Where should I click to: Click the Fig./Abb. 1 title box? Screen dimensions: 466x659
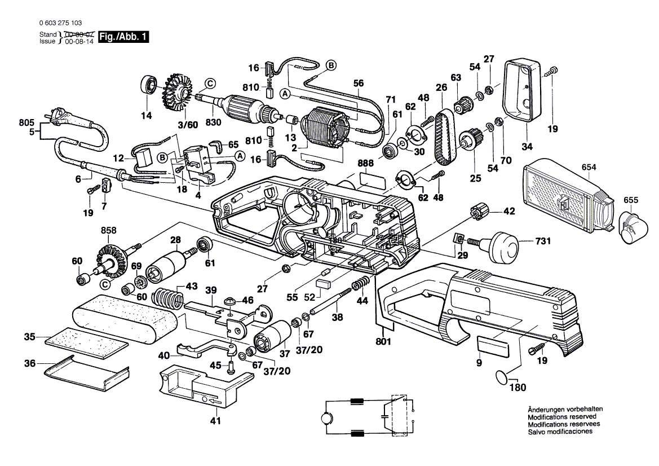pos(123,37)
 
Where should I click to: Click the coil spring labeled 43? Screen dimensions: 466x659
pos(169,298)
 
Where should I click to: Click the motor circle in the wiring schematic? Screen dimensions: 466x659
pos(328,418)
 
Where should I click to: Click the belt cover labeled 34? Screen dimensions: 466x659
pos(521,90)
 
